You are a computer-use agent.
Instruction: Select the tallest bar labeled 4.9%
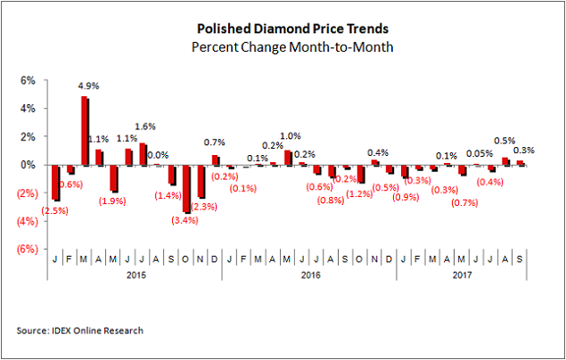(85, 130)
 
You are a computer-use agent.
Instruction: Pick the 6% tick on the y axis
(29, 80)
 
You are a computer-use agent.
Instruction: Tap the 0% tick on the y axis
(29, 165)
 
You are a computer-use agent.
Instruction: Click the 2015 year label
(135, 276)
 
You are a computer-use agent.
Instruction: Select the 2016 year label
(308, 276)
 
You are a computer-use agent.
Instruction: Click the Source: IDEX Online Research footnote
(79, 331)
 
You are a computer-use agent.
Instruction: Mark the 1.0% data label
(291, 136)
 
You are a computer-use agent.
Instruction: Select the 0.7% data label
(214, 143)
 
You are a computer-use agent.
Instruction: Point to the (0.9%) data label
(406, 196)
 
